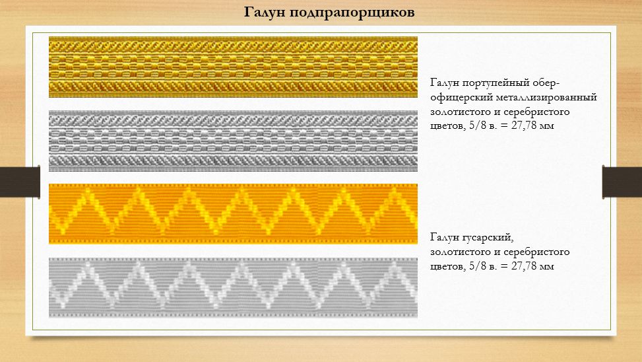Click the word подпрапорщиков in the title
[352, 13]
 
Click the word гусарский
[488, 238]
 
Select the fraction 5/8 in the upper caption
[477, 126]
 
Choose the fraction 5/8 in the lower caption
[477, 266]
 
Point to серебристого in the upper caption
[536, 112]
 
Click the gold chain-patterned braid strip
[233, 67]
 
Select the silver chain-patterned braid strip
[233, 141]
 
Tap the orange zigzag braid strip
[233, 214]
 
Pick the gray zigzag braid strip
[233, 287]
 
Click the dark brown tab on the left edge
[20, 182]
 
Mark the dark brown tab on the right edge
[622, 182]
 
